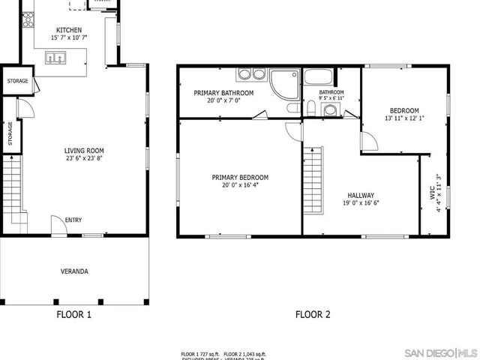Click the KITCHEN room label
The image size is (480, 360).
click(69, 30)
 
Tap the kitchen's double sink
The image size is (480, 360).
click(55, 58)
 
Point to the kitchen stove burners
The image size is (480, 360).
click(28, 19)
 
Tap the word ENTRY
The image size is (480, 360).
click(73, 220)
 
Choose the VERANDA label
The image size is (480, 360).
click(74, 271)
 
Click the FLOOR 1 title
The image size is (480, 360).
click(74, 315)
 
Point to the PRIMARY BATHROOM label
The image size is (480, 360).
click(223, 93)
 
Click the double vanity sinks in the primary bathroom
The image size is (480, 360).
click(251, 73)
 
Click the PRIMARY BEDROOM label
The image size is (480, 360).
click(240, 177)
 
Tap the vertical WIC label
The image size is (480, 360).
click(433, 192)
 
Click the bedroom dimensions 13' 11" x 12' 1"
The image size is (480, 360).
click(405, 118)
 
